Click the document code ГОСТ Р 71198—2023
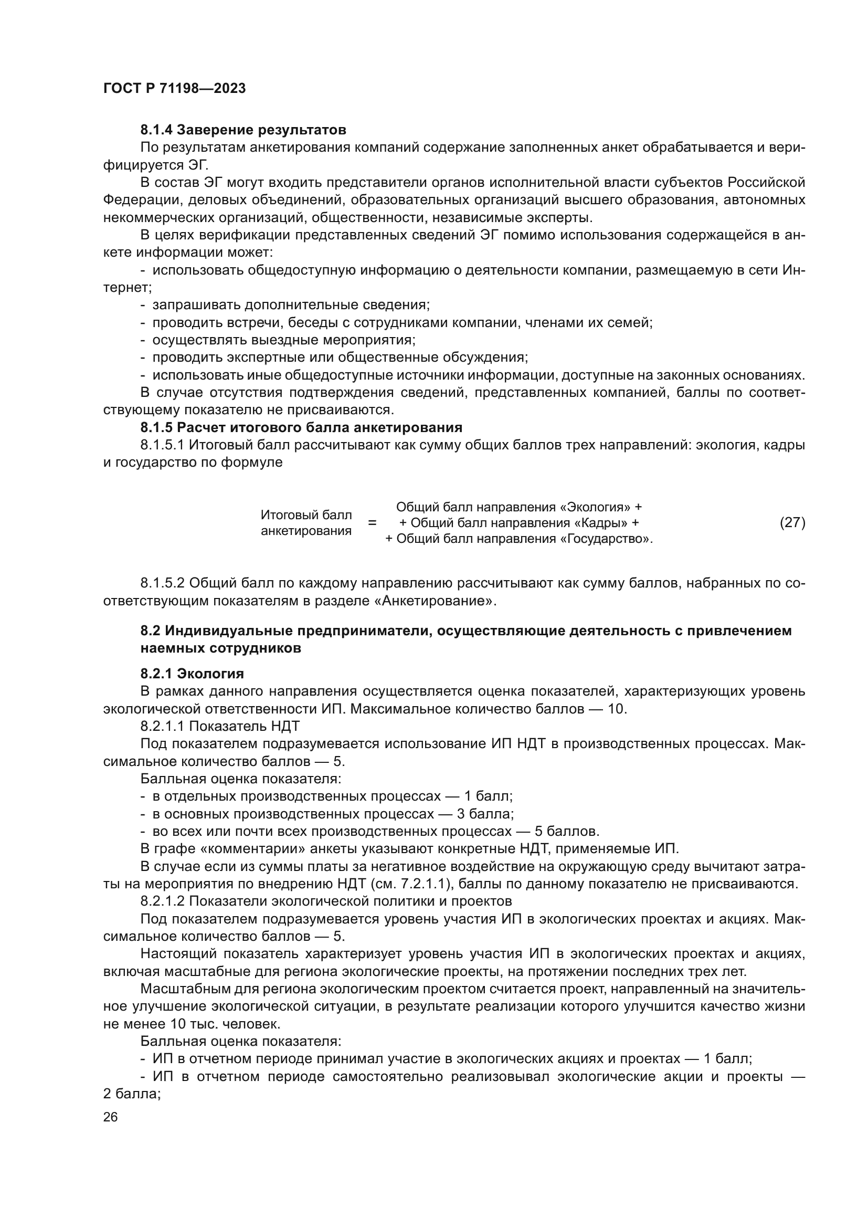(174, 89)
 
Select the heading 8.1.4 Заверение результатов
(243, 130)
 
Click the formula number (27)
(792, 522)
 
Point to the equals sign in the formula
(372, 522)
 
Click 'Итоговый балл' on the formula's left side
(306, 515)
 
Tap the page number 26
(110, 1117)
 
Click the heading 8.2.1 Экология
(192, 674)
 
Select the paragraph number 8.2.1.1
(163, 726)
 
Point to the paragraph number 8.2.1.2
(163, 901)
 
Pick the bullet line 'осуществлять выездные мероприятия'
(284, 340)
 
